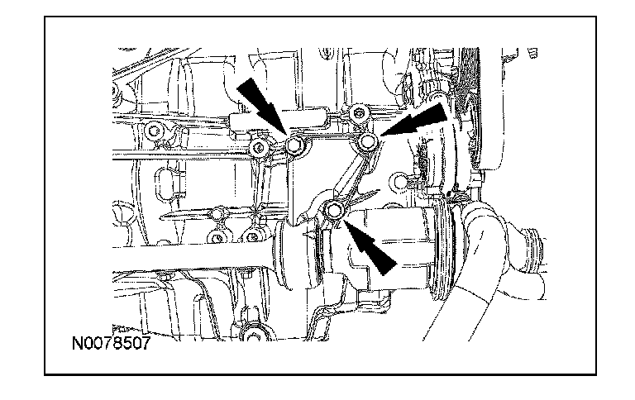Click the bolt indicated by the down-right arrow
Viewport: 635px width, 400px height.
tap(294, 147)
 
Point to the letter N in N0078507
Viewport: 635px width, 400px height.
tap(74, 342)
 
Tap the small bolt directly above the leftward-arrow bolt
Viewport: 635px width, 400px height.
tap(358, 113)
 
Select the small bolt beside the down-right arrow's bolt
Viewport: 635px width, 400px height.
tap(259, 148)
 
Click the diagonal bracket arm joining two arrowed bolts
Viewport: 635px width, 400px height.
tap(351, 178)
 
